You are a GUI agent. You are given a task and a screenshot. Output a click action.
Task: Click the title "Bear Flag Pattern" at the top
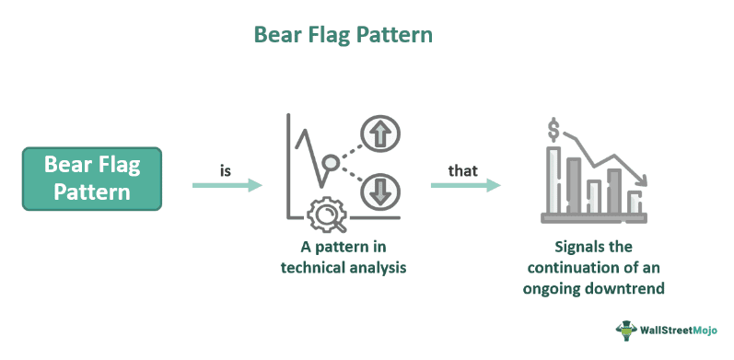(x=344, y=37)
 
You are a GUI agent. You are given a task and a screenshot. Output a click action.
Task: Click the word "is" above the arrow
(x=226, y=170)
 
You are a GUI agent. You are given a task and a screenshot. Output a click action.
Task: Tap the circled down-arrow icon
(x=378, y=192)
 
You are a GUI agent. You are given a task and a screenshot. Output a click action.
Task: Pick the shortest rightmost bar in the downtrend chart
(x=635, y=203)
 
